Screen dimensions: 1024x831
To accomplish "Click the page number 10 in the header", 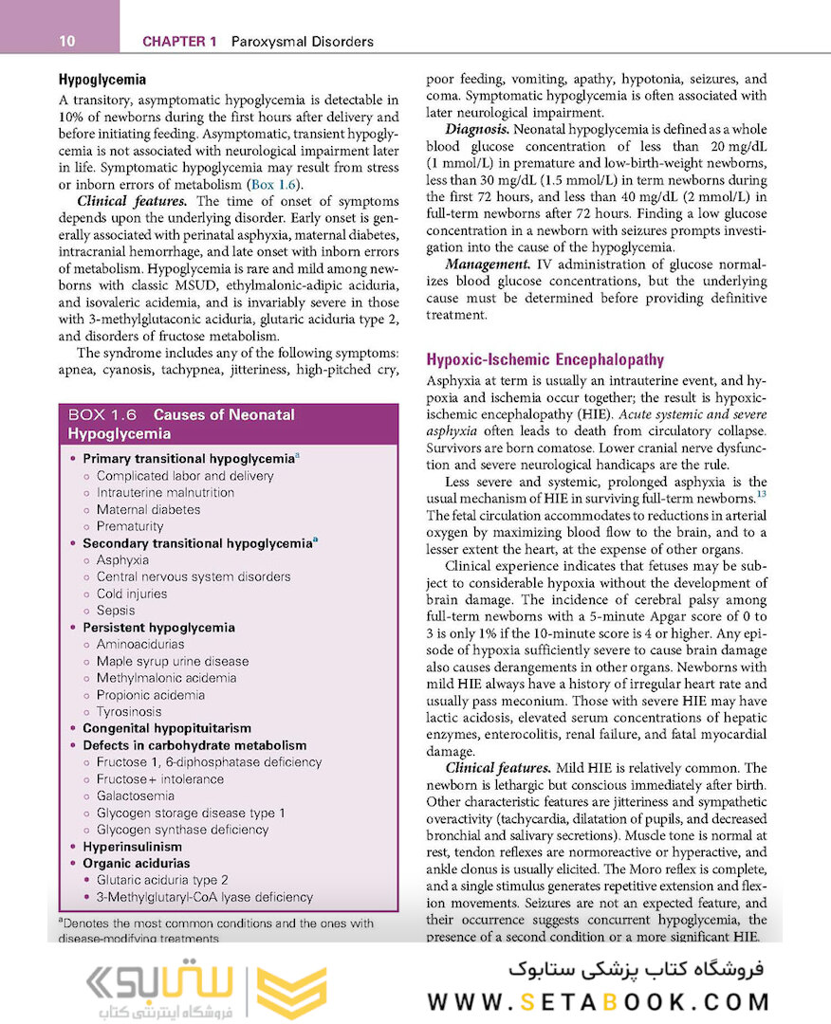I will click(66, 41).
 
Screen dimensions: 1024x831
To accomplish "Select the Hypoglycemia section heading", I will click(102, 80).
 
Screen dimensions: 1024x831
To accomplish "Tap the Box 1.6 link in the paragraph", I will click(276, 184).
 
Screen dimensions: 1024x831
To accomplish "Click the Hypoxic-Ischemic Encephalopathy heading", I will click(545, 359).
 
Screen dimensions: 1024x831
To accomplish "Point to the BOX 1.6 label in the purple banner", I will click(103, 414).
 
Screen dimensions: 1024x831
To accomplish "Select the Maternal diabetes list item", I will click(148, 509).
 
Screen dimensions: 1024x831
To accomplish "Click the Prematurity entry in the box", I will click(130, 526).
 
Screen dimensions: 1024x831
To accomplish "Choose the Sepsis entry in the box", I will click(116, 611).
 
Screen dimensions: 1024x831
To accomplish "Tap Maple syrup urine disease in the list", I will click(173, 661).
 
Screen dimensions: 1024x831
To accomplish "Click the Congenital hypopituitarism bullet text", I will click(167, 728).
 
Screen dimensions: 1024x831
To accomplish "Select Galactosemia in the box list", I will click(135, 795).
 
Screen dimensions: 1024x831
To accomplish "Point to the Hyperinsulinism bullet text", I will click(132, 847).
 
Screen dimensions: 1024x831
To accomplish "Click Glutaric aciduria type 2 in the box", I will click(162, 880).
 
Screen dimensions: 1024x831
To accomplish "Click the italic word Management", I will click(486, 264).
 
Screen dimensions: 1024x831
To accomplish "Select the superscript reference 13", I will click(761, 494).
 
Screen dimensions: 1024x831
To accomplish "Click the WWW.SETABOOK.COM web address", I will click(599, 1001).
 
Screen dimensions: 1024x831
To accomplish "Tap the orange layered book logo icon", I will click(293, 993).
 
